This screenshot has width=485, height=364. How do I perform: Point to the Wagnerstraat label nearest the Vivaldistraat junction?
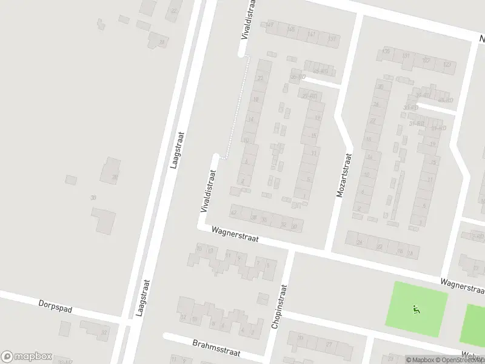[235, 235]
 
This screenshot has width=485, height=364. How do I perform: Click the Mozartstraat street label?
[344, 175]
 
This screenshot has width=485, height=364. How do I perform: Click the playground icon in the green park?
[415, 309]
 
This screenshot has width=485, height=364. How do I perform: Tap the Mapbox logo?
[27, 357]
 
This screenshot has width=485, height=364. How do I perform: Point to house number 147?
[270, 25]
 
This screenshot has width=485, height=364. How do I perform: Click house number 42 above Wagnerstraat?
[234, 212]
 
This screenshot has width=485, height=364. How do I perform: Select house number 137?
[332, 38]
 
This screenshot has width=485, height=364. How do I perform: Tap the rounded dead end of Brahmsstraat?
[166, 335]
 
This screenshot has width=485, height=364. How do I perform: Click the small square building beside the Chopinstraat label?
[263, 298]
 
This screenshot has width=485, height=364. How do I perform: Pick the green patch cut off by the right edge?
[474, 325]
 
